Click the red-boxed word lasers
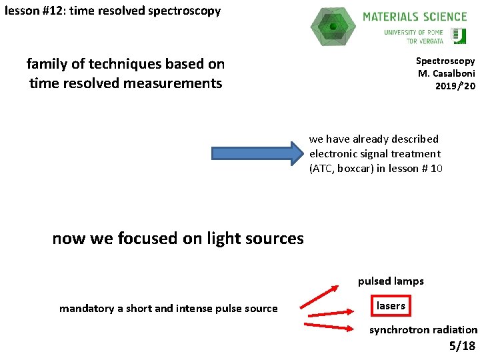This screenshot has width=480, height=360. coord(391,306)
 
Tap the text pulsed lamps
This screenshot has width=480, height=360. coord(391,281)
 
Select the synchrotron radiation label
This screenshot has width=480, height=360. coord(423,329)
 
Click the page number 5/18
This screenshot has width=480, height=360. coord(462,345)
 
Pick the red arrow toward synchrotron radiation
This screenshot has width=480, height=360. coord(328,326)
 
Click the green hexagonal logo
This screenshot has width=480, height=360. coord(333,26)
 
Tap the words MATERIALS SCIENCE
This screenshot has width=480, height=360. coord(415,16)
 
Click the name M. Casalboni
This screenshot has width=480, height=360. coord(446,73)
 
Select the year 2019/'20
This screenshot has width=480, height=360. coord(455,86)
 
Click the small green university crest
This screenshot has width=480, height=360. coord(459,36)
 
